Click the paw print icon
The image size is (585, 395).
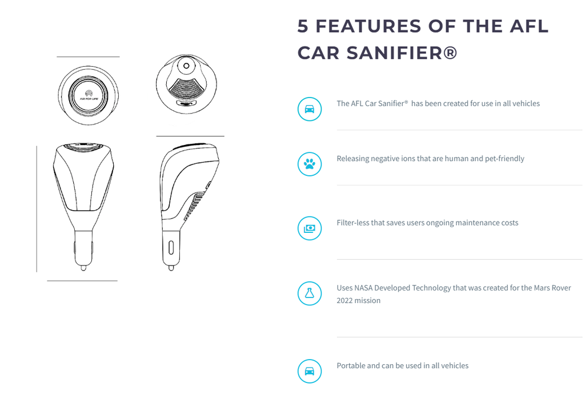coord(309,164)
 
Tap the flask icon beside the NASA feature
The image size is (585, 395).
coord(309,293)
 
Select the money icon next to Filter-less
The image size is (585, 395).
coord(309,228)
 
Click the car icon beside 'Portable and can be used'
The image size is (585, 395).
coord(309,371)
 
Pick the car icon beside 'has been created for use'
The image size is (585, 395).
coord(309,109)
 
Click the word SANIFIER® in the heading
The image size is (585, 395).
coord(402,53)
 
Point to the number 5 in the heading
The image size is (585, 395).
coord(303,26)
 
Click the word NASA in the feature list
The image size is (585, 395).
coord(363,288)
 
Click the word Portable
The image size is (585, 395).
coord(351,365)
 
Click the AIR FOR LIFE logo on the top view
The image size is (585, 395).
coord(89,95)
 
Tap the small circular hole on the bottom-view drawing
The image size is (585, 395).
coord(186,66)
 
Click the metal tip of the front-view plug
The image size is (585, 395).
coord(83,268)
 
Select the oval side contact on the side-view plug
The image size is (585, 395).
coord(171,248)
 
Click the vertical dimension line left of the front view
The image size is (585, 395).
coord(37,209)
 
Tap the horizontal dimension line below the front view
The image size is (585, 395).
coord(82,281)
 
